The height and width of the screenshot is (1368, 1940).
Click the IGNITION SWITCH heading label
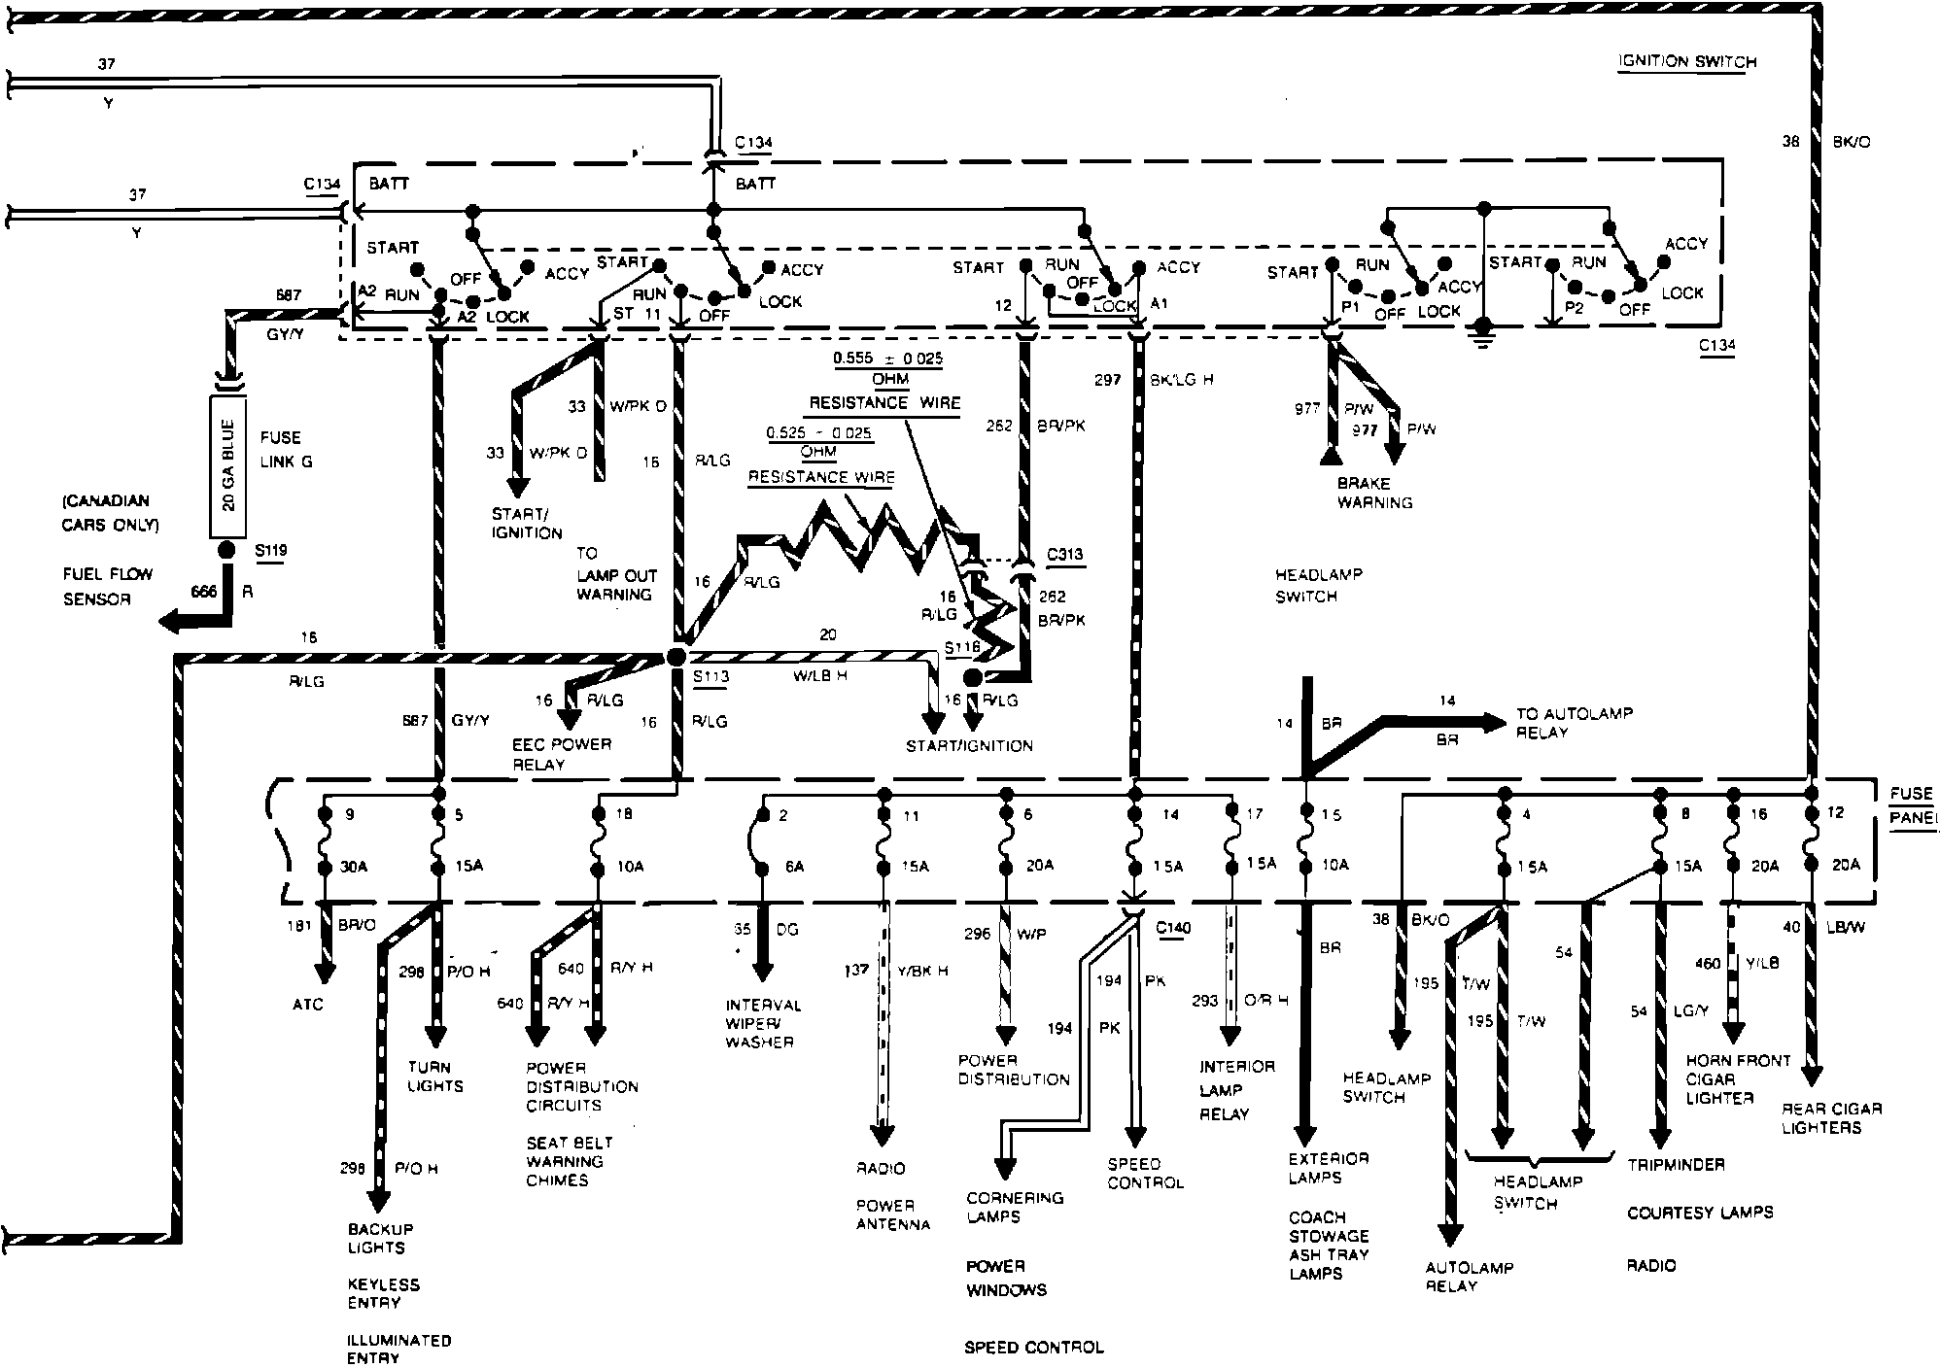coord(1687,62)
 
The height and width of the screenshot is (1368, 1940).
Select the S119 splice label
coord(271,551)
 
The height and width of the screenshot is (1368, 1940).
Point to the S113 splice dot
coord(675,658)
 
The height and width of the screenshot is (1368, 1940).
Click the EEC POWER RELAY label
coord(562,754)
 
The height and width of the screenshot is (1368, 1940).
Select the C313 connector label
coord(1064,555)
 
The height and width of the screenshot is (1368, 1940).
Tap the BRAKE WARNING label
coord(1374,493)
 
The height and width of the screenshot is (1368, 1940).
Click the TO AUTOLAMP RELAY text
coord(1574,722)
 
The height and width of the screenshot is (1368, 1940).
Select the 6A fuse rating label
coord(794,867)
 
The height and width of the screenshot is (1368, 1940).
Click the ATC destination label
coord(307,1004)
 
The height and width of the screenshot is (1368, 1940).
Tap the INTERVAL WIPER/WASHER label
coord(763,1023)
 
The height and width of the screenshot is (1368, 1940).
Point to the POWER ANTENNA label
coord(892,1214)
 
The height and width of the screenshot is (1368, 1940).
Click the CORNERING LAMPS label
coord(1015,1207)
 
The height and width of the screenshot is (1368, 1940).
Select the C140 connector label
coord(1173,928)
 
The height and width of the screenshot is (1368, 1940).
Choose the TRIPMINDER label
coord(1676,1164)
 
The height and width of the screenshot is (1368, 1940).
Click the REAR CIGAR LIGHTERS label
coord(1831,1117)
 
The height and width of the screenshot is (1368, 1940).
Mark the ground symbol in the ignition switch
coord(1482,335)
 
